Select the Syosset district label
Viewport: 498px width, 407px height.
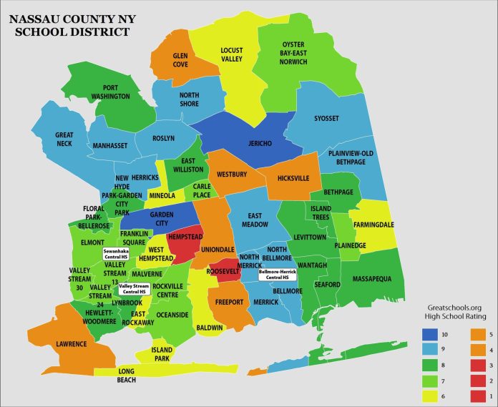pyautogui.click(x=330, y=119)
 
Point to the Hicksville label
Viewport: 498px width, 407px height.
pyautogui.click(x=297, y=176)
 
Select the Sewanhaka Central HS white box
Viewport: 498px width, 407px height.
pyautogui.click(x=119, y=255)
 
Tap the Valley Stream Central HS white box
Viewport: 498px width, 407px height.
pyautogui.click(x=133, y=289)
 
